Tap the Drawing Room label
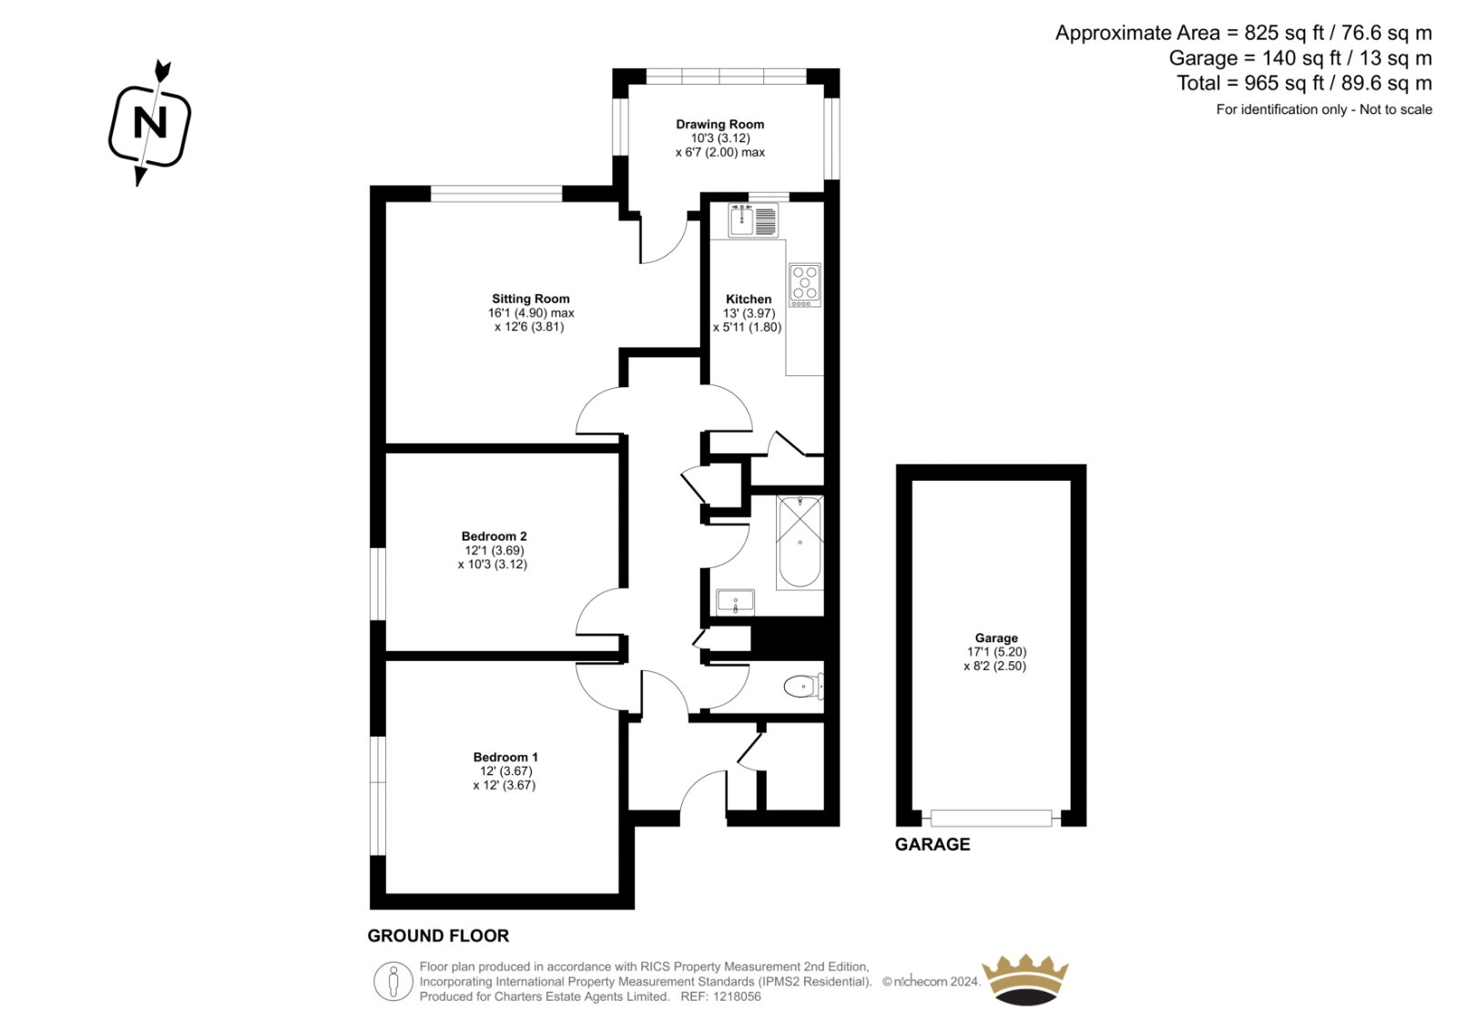click(x=720, y=124)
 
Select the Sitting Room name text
click(x=530, y=299)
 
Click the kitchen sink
click(x=753, y=219)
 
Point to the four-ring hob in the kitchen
click(x=805, y=285)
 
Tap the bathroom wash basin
click(x=735, y=602)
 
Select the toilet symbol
click(x=804, y=687)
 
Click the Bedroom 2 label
click(x=494, y=536)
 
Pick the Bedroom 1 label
click(x=505, y=758)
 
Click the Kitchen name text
click(x=749, y=300)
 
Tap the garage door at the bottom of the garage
click(x=992, y=818)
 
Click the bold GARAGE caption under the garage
click(x=932, y=844)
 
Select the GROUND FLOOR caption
click(x=438, y=935)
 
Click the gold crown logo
click(x=1025, y=980)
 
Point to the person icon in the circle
click(x=392, y=981)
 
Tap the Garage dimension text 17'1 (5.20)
click(x=996, y=652)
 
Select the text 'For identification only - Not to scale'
click(x=1324, y=109)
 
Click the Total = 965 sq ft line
click(x=1304, y=83)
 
